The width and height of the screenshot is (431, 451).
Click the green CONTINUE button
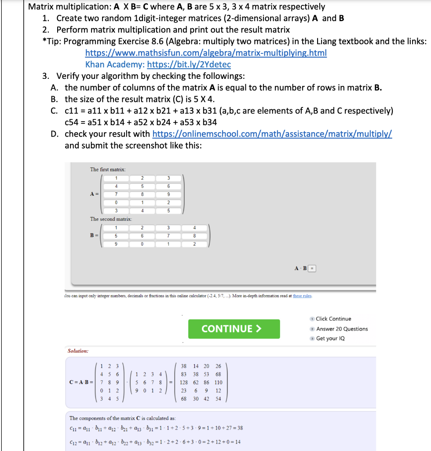[x=234, y=329]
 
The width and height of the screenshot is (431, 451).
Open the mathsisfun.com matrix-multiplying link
[x=205, y=53]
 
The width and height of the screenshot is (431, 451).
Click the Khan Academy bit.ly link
[x=189, y=65]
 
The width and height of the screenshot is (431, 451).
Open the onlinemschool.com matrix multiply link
[x=272, y=134]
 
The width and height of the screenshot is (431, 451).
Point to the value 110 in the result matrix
[x=218, y=382]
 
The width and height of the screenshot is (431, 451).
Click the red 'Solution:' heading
[x=78, y=351]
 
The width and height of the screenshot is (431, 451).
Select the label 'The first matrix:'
[x=108, y=170]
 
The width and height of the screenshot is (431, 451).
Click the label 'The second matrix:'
[x=111, y=219]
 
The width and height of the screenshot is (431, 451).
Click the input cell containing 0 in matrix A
[x=115, y=202]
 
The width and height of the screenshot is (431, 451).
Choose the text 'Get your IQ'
[x=330, y=338]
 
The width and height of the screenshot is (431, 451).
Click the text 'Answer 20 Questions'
[x=342, y=329]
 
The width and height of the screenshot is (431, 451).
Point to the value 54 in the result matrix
[x=218, y=399]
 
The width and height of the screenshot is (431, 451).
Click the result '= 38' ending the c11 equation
[x=237, y=428]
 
